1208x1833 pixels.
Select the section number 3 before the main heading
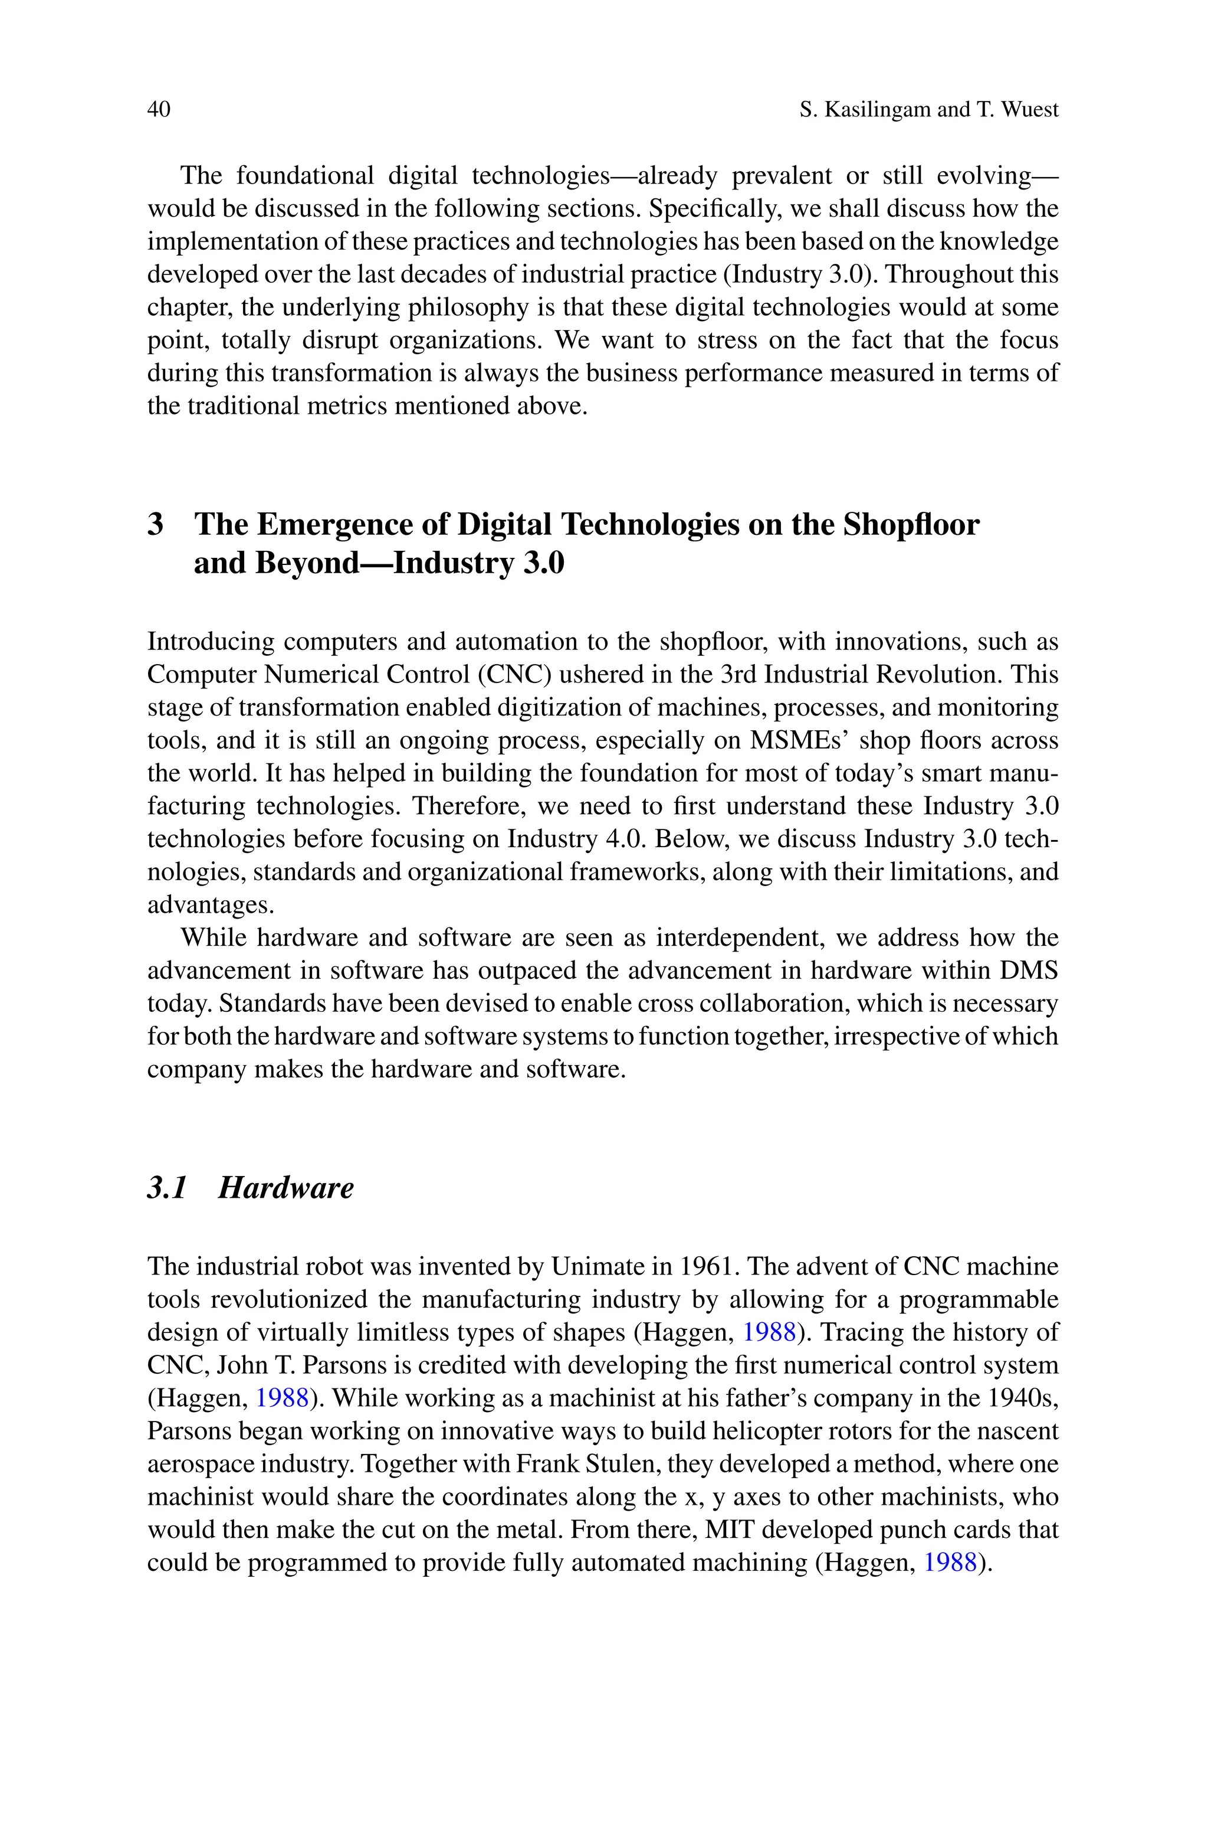pyautogui.click(x=156, y=525)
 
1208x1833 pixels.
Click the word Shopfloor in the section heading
pyautogui.click(x=911, y=525)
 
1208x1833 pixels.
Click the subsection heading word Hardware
pyautogui.click(x=286, y=1188)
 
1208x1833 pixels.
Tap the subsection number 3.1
pyautogui.click(x=167, y=1188)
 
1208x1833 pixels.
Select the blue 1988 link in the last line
pyautogui.click(x=950, y=1563)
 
